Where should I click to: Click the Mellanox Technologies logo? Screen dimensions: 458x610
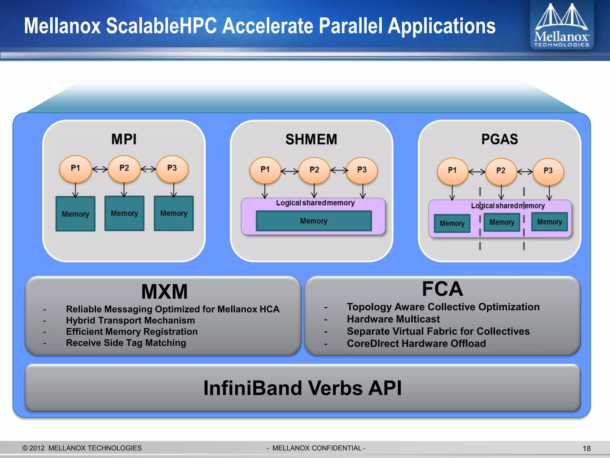point(561,25)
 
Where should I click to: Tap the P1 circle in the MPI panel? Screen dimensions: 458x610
point(75,168)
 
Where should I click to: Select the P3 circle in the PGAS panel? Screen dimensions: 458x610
point(548,171)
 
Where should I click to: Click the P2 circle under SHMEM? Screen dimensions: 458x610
point(314,170)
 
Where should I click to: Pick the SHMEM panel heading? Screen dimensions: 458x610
point(311,139)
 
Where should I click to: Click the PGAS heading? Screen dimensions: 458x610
point(499,139)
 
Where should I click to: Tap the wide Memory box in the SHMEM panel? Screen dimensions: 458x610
point(314,221)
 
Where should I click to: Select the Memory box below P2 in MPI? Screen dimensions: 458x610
point(124,213)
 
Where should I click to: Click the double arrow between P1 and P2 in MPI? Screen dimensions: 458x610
point(100,169)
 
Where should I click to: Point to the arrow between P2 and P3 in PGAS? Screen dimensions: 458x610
point(525,171)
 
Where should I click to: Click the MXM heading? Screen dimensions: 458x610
point(164,291)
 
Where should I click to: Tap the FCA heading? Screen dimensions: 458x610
point(442,289)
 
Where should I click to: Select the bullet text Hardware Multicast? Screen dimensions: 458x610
point(393,319)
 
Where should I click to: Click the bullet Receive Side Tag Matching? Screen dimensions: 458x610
point(126,343)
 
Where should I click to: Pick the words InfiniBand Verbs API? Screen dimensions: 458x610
point(302,388)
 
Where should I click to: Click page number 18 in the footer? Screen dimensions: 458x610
point(586,448)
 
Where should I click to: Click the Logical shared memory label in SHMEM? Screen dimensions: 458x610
point(315,203)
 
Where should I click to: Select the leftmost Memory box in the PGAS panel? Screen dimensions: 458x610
point(452,223)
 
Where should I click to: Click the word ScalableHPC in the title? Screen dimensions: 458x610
point(161,26)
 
